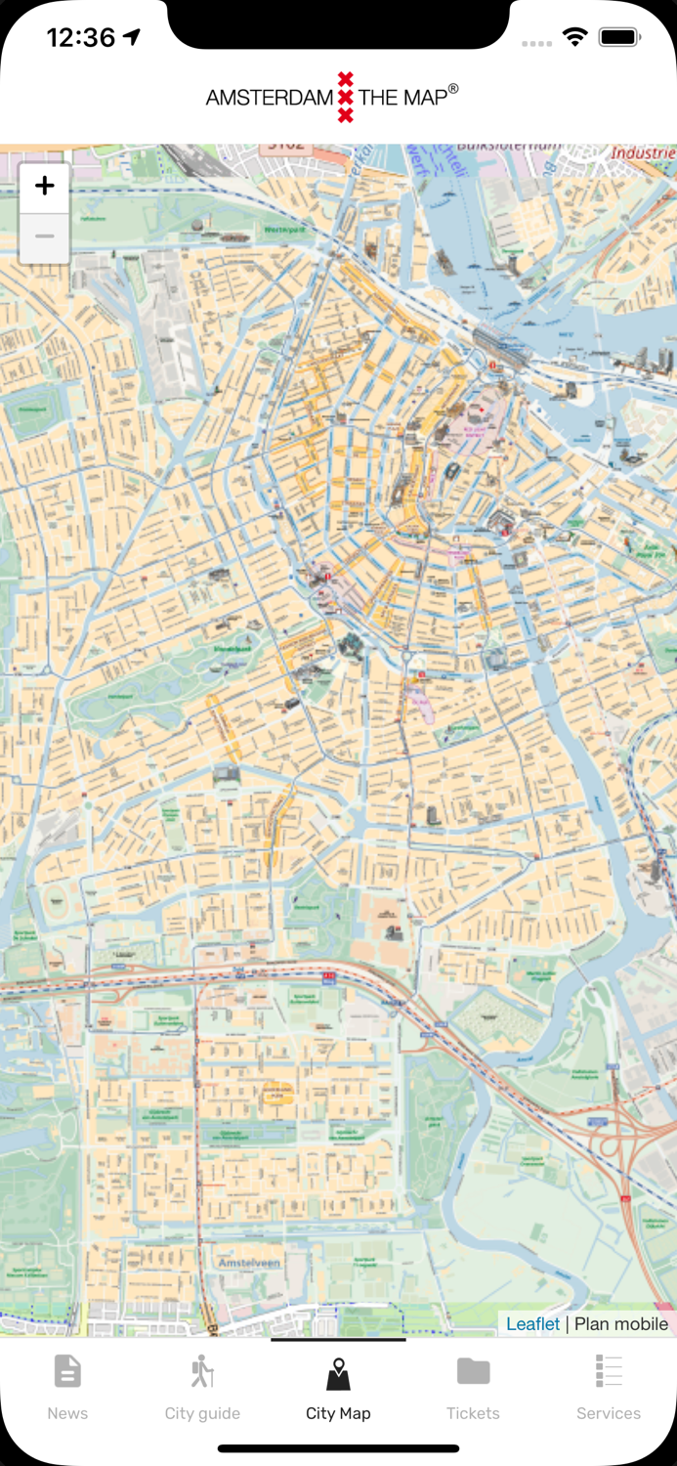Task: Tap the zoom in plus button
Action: pyautogui.click(x=44, y=187)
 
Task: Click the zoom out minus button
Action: pyautogui.click(x=44, y=237)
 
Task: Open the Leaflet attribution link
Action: pyautogui.click(x=532, y=1323)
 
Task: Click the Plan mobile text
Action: pyautogui.click(x=621, y=1323)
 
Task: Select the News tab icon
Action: pyautogui.click(x=67, y=1371)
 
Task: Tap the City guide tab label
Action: pyautogui.click(x=202, y=1413)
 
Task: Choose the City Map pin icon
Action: pyautogui.click(x=338, y=1373)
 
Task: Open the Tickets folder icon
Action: pyautogui.click(x=473, y=1371)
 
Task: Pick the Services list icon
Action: pyautogui.click(x=609, y=1371)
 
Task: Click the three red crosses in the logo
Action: pyautogui.click(x=345, y=97)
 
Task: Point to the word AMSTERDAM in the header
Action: pyautogui.click(x=269, y=98)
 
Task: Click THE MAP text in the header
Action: pyautogui.click(x=403, y=98)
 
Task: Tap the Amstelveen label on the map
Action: pyautogui.click(x=249, y=1263)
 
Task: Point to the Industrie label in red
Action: pyautogui.click(x=643, y=153)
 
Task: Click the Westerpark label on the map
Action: pyautogui.click(x=283, y=231)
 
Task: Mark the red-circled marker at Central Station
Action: pyautogui.click(x=494, y=363)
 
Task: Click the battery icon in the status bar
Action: pyautogui.click(x=619, y=38)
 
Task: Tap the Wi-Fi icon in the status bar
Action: pyautogui.click(x=574, y=38)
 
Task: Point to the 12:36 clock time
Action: pyautogui.click(x=81, y=38)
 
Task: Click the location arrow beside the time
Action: pyautogui.click(x=131, y=37)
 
